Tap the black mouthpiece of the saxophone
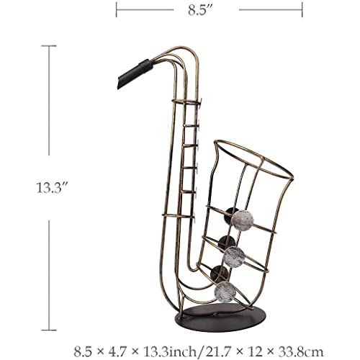[135, 73]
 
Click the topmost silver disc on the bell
[243, 220]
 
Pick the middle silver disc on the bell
[234, 258]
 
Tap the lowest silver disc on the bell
[225, 292]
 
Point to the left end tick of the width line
[117, 10]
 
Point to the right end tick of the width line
[302, 10]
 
